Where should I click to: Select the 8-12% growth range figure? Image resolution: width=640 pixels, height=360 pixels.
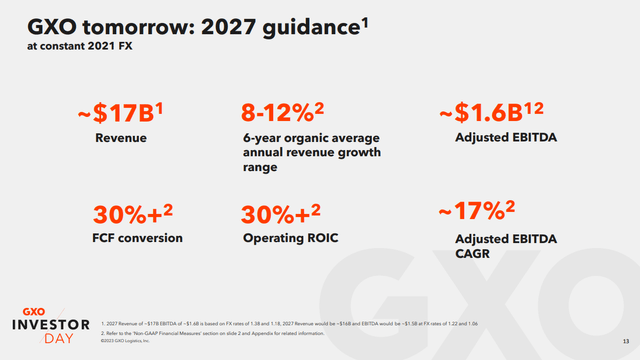(x=286, y=113)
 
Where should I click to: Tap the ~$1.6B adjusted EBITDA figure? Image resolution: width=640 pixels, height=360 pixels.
(x=494, y=113)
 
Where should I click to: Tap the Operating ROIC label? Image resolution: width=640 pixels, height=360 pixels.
(x=286, y=239)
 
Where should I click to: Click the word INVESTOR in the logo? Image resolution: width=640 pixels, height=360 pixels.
(x=46, y=324)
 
